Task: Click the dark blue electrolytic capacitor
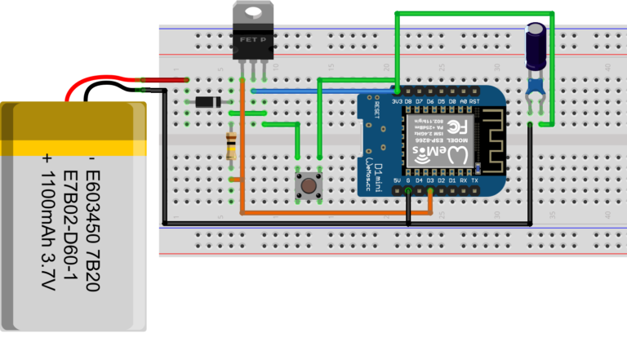point(536,47)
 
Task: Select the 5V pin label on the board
point(397,180)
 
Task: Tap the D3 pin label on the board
point(430,180)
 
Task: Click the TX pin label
point(475,180)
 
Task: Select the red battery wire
point(106,80)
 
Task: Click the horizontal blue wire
point(327,91)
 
